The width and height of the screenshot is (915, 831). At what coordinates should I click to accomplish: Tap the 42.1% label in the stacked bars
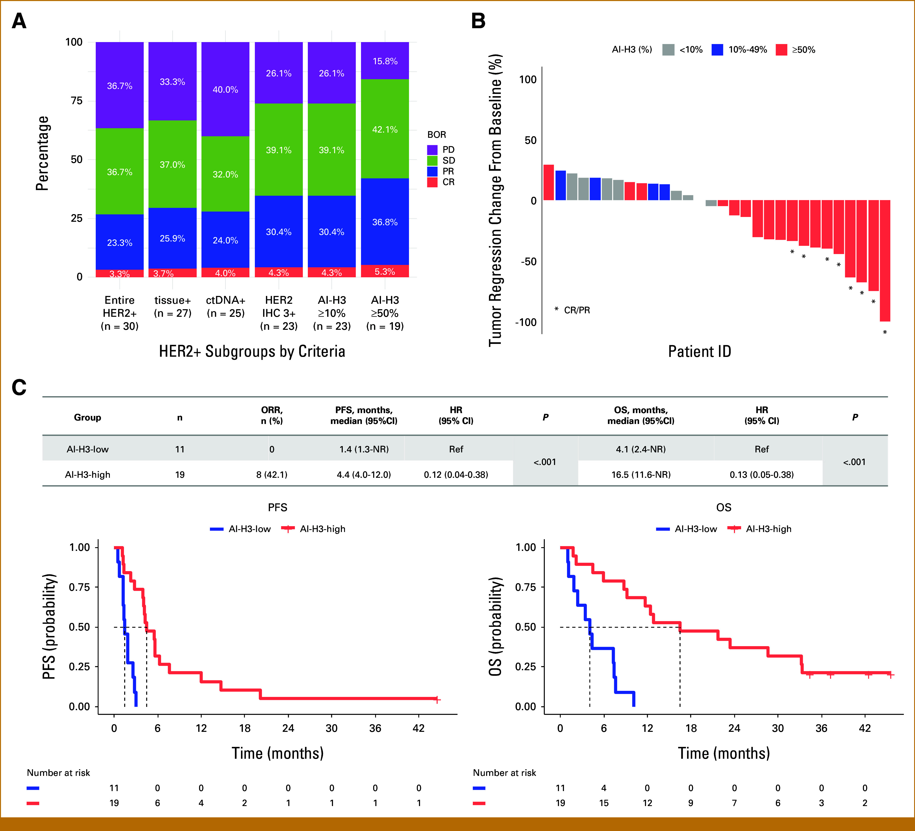pyautogui.click(x=385, y=130)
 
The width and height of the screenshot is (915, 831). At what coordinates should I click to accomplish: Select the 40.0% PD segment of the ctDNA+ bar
pyautogui.click(x=226, y=89)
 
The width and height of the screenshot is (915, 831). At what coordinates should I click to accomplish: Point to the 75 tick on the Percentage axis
pyautogui.click(x=77, y=101)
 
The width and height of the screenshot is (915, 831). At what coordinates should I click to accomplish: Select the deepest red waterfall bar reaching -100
pyautogui.click(x=885, y=261)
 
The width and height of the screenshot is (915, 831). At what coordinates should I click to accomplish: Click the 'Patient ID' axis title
pyautogui.click(x=699, y=351)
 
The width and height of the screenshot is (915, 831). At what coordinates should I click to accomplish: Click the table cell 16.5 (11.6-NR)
pyautogui.click(x=641, y=475)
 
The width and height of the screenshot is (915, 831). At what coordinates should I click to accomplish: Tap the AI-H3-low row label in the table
pyautogui.click(x=88, y=449)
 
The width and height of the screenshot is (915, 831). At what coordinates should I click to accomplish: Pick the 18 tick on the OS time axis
pyautogui.click(x=691, y=728)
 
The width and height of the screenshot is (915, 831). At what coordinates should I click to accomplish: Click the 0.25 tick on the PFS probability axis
pyautogui.click(x=79, y=666)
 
